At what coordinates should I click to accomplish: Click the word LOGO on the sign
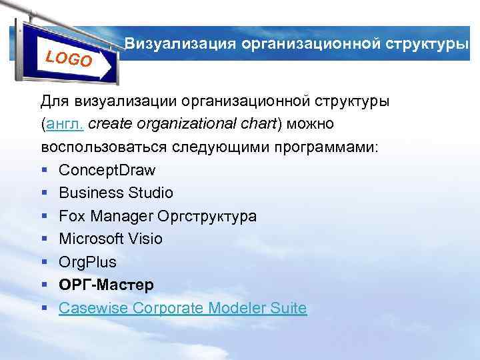pos(69,58)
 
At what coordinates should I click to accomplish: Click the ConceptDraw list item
pos(107,170)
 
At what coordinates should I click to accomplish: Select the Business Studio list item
pos(115,193)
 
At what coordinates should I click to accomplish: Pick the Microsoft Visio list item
pos(110,239)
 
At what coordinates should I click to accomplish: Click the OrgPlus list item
pos(87,262)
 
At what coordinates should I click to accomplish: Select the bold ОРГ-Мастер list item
pos(106,285)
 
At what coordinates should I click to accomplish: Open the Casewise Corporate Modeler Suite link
pos(183,308)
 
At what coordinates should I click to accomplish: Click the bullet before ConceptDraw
pos(43,171)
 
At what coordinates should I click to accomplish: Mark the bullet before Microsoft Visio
pos(43,239)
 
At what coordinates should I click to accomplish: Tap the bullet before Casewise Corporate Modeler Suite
pos(43,309)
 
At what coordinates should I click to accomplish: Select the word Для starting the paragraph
pos(54,101)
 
